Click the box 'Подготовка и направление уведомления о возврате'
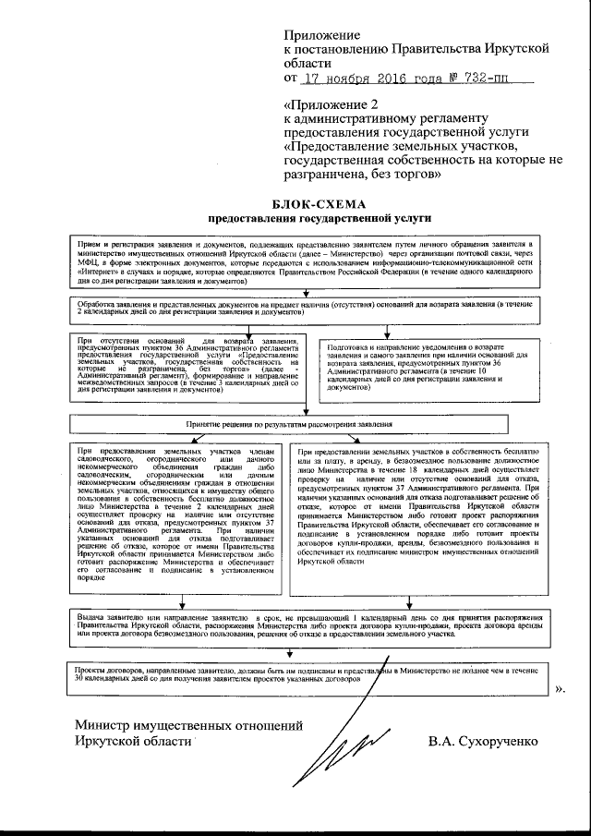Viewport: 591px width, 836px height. point(426,370)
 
